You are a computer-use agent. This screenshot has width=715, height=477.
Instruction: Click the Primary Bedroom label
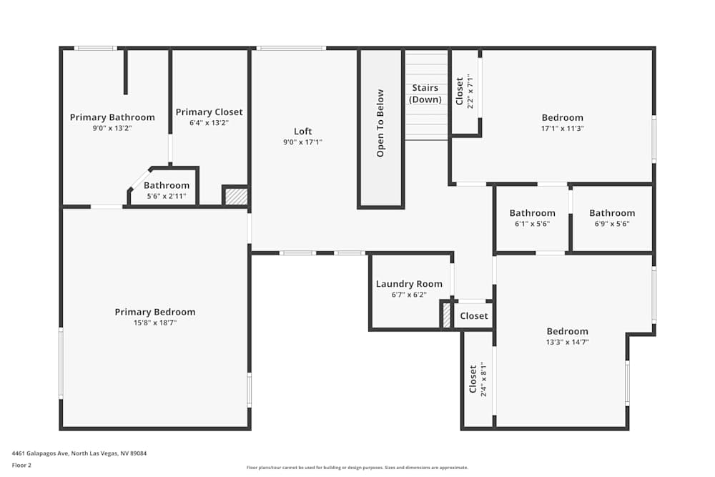click(155, 312)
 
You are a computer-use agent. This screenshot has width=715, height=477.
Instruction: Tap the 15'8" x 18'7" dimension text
click(155, 323)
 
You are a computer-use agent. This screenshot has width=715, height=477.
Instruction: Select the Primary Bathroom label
click(112, 117)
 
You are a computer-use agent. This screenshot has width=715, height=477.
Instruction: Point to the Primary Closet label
click(209, 112)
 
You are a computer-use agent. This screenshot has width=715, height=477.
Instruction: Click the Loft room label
click(303, 132)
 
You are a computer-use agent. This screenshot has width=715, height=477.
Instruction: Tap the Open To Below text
click(380, 123)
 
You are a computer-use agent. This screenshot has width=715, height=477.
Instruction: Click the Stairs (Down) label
click(425, 94)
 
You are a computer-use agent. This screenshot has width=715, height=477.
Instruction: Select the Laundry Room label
click(409, 284)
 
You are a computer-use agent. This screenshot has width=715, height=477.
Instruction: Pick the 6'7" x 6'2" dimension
click(409, 295)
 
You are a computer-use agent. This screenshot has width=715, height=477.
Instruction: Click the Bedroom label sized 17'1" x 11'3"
click(562, 118)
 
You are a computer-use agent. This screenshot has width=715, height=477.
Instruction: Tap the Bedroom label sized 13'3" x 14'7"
click(568, 331)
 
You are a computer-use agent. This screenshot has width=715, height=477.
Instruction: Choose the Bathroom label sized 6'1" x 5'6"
click(532, 213)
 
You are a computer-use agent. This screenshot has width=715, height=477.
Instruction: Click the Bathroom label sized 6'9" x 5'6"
click(612, 213)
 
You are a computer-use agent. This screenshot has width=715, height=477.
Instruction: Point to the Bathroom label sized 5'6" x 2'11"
click(167, 186)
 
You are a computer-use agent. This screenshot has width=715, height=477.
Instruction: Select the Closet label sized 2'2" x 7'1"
click(460, 91)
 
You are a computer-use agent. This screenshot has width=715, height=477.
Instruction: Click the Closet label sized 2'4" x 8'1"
click(473, 380)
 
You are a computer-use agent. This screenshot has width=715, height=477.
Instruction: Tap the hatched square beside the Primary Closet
click(236, 196)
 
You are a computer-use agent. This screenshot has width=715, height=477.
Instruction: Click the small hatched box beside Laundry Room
click(447, 316)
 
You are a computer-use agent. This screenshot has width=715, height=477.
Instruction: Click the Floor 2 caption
click(21, 465)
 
